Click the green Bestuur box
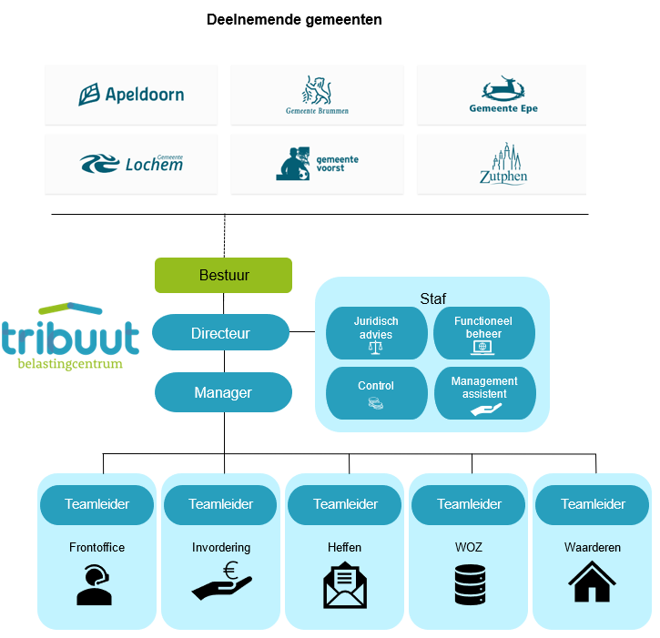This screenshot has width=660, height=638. point(223,275)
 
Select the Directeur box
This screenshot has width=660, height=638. point(220,333)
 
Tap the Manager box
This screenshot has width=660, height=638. point(223,393)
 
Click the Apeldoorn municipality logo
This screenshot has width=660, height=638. point(131,94)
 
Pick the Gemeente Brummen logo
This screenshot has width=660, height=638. point(317,95)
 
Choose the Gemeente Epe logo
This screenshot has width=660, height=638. point(503,95)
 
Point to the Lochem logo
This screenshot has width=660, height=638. point(131,164)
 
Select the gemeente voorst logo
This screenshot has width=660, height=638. point(317,164)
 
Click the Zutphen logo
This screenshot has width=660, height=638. point(503,164)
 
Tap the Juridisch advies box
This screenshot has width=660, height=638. point(376,333)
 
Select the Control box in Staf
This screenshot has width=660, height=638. point(376,392)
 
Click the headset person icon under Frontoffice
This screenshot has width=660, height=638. point(96,585)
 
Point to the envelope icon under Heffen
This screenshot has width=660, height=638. point(345,584)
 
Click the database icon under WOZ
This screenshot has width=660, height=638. point(469,584)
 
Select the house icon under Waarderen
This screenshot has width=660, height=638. point(592,582)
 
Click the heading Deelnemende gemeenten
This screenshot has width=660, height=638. point(294,19)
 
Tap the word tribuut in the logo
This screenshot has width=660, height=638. point(70,337)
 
